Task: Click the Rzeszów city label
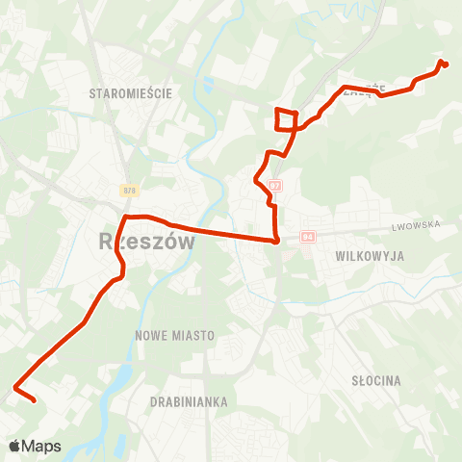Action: [146, 242]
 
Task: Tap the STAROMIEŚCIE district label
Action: [129, 93]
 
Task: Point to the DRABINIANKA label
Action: [188, 399]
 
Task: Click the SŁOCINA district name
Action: [375, 381]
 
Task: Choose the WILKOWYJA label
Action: [370, 257]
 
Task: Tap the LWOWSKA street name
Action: [416, 224]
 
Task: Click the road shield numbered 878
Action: [128, 191]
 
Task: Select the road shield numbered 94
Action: [307, 237]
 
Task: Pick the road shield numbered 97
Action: [276, 184]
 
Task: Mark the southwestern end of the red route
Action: [34, 400]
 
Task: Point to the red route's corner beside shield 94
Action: [277, 241]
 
